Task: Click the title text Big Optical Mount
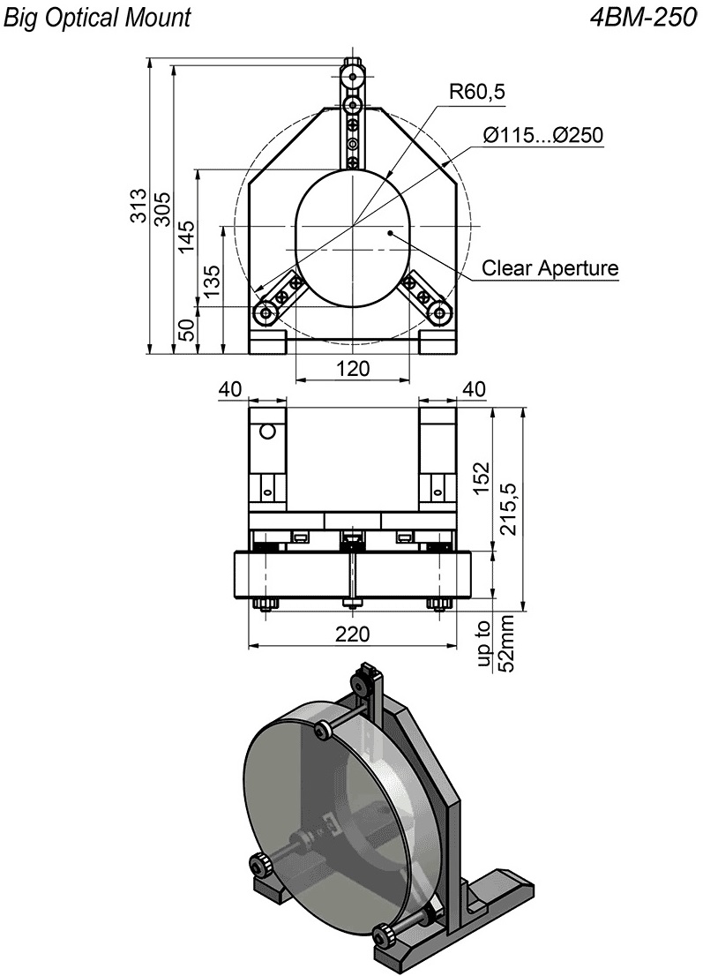pyautogui.click(x=97, y=18)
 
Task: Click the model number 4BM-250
pyautogui.click(x=643, y=18)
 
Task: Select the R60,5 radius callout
pyautogui.click(x=477, y=92)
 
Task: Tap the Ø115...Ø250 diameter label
pyautogui.click(x=543, y=134)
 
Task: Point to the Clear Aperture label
pyautogui.click(x=550, y=267)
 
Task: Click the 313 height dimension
pyautogui.click(x=138, y=205)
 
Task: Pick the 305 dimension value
pyautogui.click(x=161, y=208)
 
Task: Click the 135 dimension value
pyautogui.click(x=211, y=282)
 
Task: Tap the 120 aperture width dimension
pyautogui.click(x=353, y=369)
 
